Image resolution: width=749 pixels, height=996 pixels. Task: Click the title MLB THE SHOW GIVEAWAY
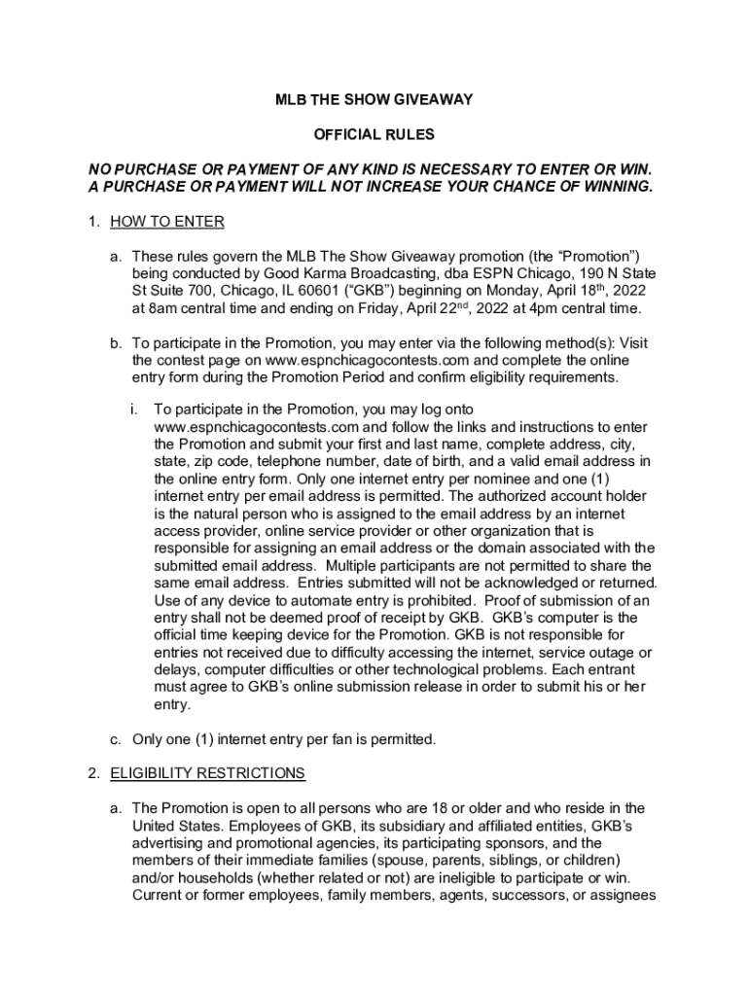click(374, 99)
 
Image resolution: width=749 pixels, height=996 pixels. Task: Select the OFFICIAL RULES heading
click(374, 134)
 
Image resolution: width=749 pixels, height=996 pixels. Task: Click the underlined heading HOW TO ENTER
click(167, 222)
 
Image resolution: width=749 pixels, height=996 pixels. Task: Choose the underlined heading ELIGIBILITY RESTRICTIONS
click(207, 773)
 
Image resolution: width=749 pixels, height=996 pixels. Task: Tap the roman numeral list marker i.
click(133, 409)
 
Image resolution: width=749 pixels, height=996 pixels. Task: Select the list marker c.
click(115, 739)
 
